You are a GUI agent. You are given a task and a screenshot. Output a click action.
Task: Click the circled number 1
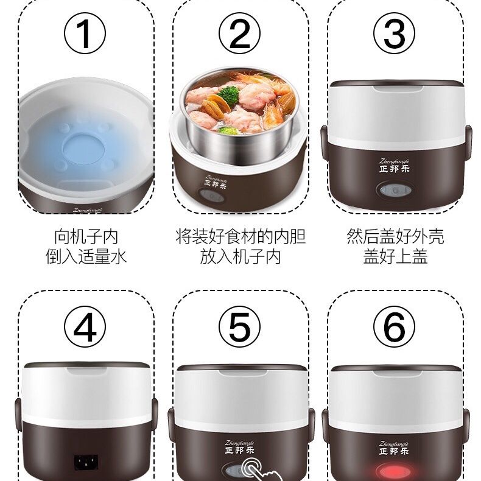pyautogui.click(x=85, y=33)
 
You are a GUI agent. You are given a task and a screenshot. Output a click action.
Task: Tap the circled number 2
pyautogui.click(x=239, y=33)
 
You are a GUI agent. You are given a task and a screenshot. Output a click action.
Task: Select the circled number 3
pyautogui.click(x=394, y=33)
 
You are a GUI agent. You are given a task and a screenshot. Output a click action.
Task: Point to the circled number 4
pyautogui.click(x=85, y=326)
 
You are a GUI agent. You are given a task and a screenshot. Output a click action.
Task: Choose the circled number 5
pyautogui.click(x=239, y=326)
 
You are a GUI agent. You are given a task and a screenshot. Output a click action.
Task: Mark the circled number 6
pyautogui.click(x=394, y=326)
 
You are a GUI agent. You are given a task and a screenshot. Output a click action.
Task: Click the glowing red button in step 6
pyautogui.click(x=393, y=472)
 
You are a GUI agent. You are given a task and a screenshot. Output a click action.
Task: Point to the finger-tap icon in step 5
pyautogui.click(x=255, y=469)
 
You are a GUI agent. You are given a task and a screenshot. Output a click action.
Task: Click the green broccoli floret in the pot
pyautogui.click(x=228, y=95)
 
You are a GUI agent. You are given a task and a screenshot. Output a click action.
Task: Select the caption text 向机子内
pyautogui.click(x=86, y=236)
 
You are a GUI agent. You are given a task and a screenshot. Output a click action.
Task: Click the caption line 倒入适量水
pyautogui.click(x=86, y=256)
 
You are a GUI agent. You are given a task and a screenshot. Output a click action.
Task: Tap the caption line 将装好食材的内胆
pyautogui.click(x=240, y=236)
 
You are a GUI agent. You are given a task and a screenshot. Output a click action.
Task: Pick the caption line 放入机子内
pyautogui.click(x=240, y=256)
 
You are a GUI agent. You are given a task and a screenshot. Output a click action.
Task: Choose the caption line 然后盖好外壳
pyautogui.click(x=395, y=236)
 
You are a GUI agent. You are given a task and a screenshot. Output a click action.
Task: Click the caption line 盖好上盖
pyautogui.click(x=395, y=256)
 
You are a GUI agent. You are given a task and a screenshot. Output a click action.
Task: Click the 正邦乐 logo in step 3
pyautogui.click(x=394, y=169)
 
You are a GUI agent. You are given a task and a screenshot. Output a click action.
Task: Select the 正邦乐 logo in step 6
pyautogui.click(x=394, y=451)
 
